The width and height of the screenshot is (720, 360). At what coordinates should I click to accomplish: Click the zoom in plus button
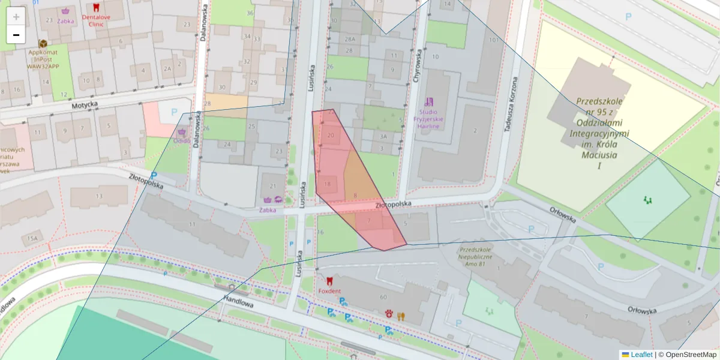16,16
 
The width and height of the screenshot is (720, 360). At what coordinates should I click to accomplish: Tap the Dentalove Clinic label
96,21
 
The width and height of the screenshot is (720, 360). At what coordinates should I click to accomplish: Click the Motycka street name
84,104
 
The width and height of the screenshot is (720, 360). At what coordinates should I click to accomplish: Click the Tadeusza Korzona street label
514,104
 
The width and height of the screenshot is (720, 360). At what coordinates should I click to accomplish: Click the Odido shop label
182,140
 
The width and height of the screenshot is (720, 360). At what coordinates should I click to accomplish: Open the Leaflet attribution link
641,355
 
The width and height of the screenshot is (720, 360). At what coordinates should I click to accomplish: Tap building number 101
494,40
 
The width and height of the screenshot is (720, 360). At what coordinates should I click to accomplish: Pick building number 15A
31,238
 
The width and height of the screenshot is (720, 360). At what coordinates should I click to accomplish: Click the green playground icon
647,199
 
